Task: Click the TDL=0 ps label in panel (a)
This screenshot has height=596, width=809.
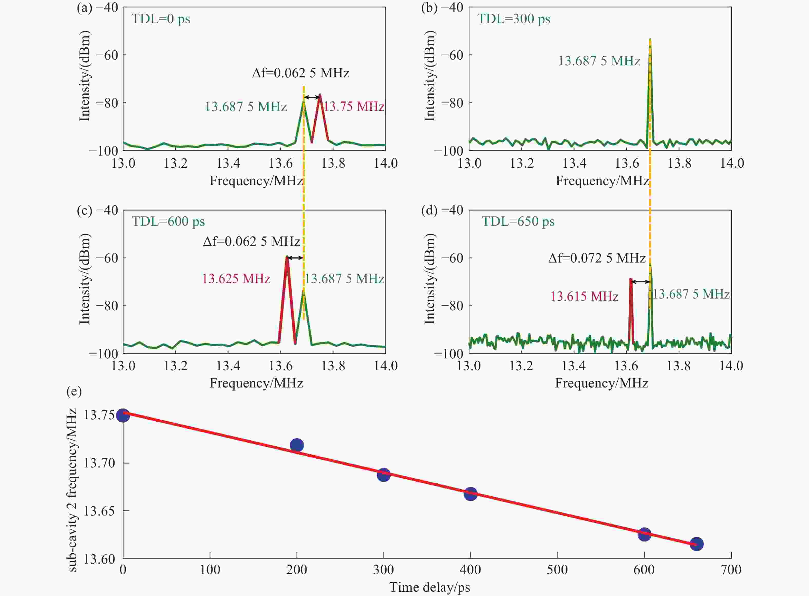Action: pyautogui.click(x=161, y=19)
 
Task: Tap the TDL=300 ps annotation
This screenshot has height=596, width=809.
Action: pyautogui.click(x=513, y=19)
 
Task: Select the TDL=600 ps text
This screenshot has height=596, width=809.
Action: pyautogui.click(x=168, y=221)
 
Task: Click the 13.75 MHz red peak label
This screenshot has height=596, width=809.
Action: pyautogui.click(x=353, y=107)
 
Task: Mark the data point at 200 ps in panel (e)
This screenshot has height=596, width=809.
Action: pyautogui.click(x=297, y=445)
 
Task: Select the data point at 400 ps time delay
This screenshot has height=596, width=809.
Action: pyautogui.click(x=470, y=494)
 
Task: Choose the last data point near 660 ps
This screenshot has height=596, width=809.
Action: pyautogui.click(x=696, y=544)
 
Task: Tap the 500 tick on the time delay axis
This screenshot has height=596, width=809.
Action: pyautogui.click(x=557, y=570)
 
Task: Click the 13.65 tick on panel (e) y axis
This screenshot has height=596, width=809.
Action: pyautogui.click(x=99, y=511)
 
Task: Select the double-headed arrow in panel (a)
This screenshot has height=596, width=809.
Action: pyautogui.click(x=312, y=97)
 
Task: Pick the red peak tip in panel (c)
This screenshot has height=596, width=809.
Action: pyautogui.click(x=287, y=257)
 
